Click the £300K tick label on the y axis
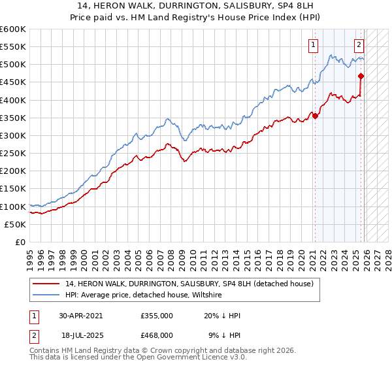(x=13, y=135)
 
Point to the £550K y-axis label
(x=13, y=47)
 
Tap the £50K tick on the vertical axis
(x=16, y=224)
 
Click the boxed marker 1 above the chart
(x=314, y=45)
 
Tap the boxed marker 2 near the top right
(x=359, y=45)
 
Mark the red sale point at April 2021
(x=315, y=116)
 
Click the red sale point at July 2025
(x=361, y=76)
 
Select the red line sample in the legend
(x=47, y=284)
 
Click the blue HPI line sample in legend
(x=47, y=295)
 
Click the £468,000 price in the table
(x=157, y=335)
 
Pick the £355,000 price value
(x=157, y=315)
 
